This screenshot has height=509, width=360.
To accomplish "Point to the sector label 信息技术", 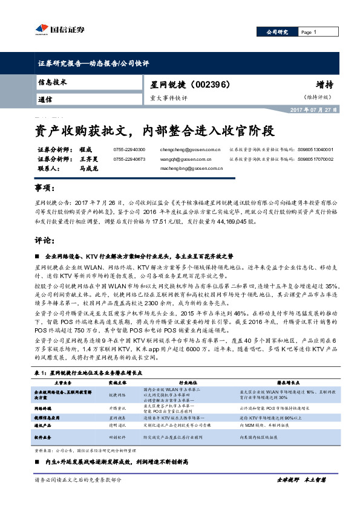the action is coord(51,81).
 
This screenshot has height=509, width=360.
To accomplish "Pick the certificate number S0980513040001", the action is coord(316,149).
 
